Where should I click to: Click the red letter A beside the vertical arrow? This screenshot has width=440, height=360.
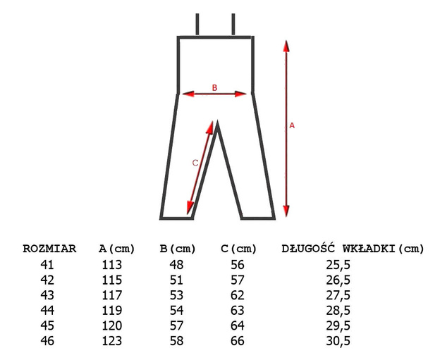pos(292,125)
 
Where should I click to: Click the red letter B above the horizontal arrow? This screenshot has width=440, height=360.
pos(214,88)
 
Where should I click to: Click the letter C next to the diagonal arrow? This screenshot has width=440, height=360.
pos(195,163)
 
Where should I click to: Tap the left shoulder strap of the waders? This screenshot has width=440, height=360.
pos(197,24)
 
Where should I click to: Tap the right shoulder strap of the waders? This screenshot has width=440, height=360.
pos(233,24)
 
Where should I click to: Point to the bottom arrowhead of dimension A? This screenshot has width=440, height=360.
pos(286,211)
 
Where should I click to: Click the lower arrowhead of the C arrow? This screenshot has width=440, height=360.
pos(190,208)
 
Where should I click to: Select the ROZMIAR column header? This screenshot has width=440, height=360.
pos(49,249)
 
